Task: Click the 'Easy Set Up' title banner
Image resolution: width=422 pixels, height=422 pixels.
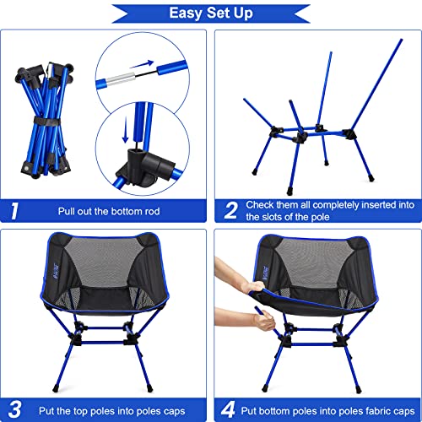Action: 211,13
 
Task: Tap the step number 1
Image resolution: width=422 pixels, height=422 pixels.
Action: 16,209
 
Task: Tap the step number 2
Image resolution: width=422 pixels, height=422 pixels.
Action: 230,209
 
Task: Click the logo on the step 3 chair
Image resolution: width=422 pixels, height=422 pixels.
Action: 50,272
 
